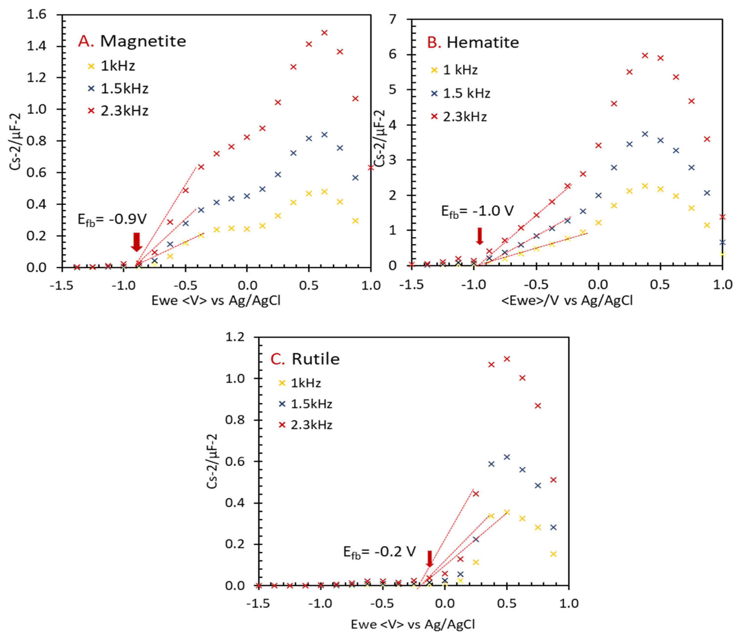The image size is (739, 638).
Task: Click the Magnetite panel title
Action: tap(132, 41)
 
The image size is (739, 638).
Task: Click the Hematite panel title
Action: tap(473, 42)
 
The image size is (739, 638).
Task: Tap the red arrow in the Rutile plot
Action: tap(430, 559)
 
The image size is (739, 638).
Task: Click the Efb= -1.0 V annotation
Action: tap(477, 211)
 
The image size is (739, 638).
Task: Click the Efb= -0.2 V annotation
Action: tap(379, 552)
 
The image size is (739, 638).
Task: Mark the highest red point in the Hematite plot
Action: tap(645, 55)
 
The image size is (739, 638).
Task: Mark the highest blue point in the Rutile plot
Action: tap(507, 457)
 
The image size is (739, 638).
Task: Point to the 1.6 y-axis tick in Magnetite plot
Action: tap(37, 15)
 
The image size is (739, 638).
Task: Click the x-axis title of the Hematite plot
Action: tap(567, 301)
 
